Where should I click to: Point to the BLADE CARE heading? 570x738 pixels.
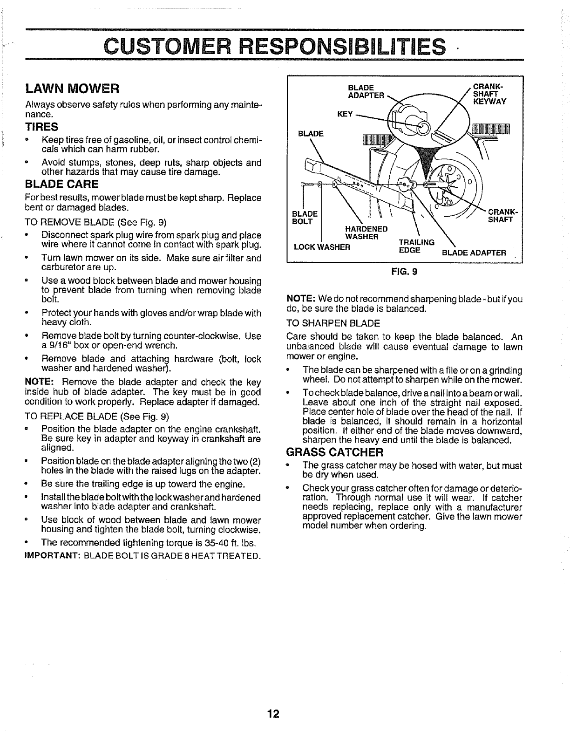click(x=61, y=183)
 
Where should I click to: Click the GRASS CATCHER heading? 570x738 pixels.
click(x=334, y=452)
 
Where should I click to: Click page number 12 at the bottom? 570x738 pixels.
click(x=273, y=714)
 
